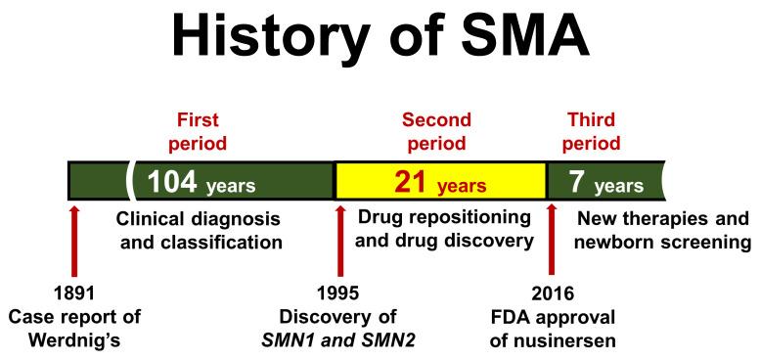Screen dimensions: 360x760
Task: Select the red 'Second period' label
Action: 436,131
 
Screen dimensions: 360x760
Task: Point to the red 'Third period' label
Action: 593,131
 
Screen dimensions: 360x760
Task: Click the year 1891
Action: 74,293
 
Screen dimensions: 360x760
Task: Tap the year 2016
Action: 553,293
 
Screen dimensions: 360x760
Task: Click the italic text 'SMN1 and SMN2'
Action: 340,340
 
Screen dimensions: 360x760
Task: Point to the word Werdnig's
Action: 74,340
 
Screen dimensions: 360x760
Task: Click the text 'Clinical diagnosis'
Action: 199,216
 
